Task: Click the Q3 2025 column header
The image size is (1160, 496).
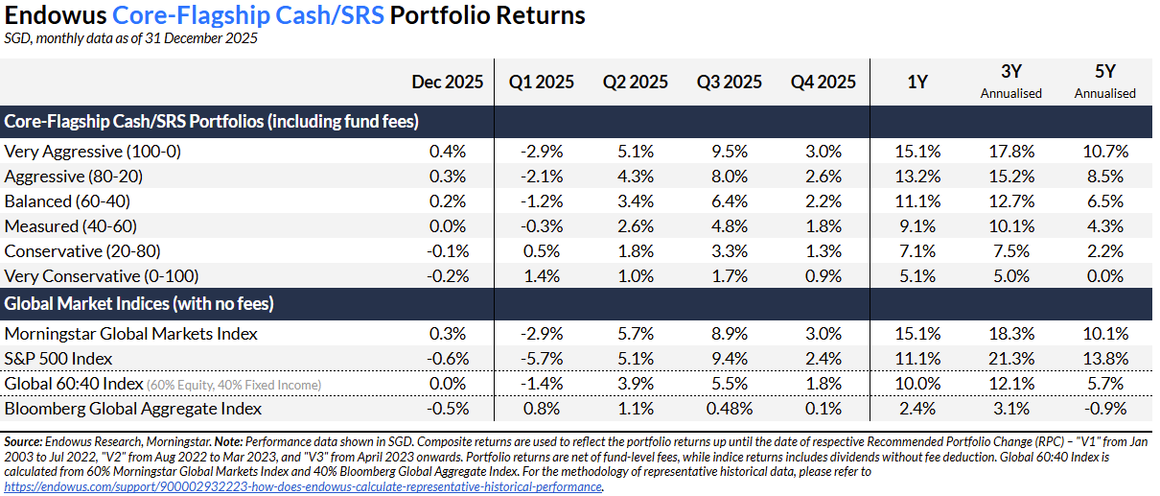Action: (x=730, y=83)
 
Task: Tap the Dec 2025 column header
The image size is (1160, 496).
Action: (x=447, y=83)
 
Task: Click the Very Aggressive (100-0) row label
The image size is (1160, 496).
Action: (x=93, y=152)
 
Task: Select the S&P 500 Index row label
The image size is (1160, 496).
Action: (x=58, y=359)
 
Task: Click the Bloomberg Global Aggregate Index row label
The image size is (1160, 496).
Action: (x=133, y=409)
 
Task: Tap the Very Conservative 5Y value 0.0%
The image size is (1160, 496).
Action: (x=1104, y=276)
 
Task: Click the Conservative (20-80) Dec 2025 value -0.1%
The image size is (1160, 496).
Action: (x=447, y=251)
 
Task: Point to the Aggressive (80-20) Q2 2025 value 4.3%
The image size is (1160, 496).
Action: (x=637, y=177)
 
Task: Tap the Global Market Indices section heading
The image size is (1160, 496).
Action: (x=139, y=304)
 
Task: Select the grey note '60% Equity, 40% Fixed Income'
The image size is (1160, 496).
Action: (x=234, y=385)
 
